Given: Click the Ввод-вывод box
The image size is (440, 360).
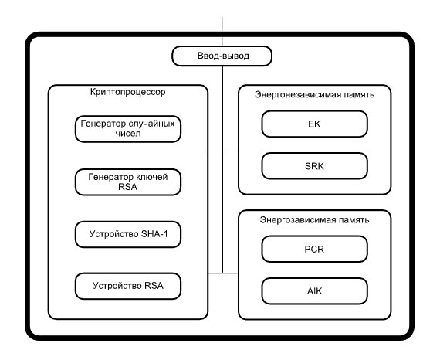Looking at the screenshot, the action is coord(222,56).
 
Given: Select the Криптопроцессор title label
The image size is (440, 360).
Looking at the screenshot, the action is coord(128,92).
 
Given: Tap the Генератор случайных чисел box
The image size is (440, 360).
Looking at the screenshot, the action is coord(128,129).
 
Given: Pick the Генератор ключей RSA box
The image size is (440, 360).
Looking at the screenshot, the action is coord(128,182).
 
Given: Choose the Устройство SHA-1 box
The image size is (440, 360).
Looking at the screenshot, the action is coord(128,235).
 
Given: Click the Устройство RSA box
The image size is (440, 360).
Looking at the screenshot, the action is coord(128,286).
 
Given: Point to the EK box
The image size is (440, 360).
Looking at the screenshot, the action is coord(315,124).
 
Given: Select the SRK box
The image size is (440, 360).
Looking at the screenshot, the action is coord(315,166).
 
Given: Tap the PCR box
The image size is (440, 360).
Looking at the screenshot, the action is coord(315,249).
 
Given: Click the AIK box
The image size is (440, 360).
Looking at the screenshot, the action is coord(315,291).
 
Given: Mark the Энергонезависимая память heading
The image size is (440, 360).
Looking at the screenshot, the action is coord(315,94).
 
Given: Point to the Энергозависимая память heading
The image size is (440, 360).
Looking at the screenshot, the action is coord(315,219).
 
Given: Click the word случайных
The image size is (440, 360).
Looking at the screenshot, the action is coord(151,124).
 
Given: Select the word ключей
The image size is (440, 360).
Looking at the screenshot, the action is coord(152,177).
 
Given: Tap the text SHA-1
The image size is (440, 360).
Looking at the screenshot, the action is coord(154,234).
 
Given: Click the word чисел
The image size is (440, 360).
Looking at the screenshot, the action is coord(128,134).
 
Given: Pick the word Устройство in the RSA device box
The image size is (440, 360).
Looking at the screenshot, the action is coord(117,286).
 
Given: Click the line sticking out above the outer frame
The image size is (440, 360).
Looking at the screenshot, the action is coord(222,24).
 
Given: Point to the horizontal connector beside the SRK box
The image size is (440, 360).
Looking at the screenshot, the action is coord(223,151).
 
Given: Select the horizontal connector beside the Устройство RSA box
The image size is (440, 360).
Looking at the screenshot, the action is coord(223,273).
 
